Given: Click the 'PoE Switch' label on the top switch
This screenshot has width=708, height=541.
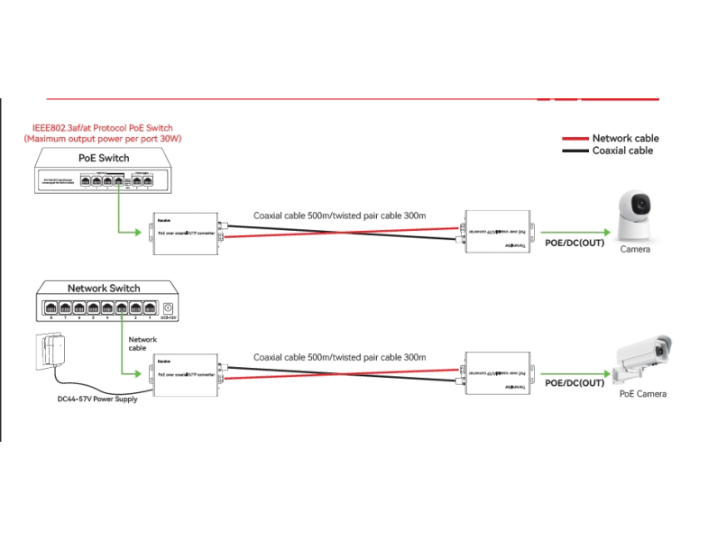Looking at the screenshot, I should [x=104, y=158].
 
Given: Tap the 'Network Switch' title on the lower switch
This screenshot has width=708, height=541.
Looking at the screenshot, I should [x=104, y=289].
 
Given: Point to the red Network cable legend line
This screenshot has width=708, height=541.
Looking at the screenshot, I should [x=575, y=139].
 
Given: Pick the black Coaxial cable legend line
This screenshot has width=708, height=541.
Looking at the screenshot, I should [x=575, y=151].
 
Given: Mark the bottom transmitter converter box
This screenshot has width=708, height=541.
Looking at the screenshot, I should [x=495, y=372].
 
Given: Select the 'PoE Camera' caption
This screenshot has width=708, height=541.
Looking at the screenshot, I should [x=643, y=394].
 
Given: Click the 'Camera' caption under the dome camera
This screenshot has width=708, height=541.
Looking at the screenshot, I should [x=635, y=250].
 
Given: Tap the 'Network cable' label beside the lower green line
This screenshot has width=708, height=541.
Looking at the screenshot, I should [x=143, y=344].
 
